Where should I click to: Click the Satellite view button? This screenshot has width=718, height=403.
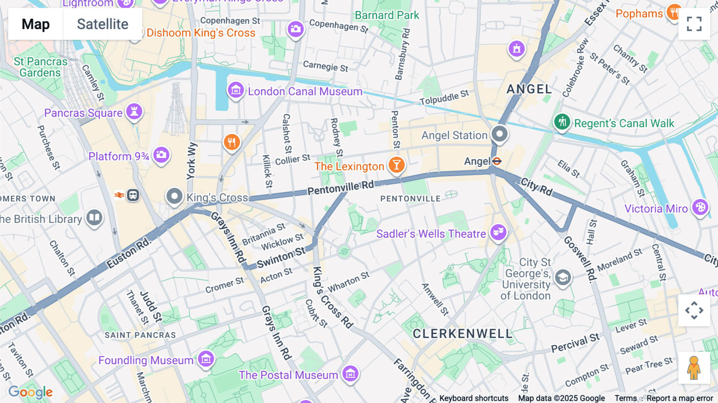[x=103, y=24]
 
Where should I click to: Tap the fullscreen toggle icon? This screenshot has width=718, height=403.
[x=694, y=24]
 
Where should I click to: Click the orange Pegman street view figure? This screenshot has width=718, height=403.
[x=694, y=367]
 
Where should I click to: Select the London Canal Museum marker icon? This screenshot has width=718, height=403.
[x=235, y=91]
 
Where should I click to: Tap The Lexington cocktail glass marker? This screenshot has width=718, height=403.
[x=396, y=165]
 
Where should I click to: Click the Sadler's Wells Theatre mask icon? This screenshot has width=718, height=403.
[x=498, y=232]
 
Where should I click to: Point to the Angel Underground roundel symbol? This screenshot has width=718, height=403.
[x=497, y=161]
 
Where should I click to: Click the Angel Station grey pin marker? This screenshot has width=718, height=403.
[x=499, y=134]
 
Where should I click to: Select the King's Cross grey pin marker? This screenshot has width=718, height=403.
[x=174, y=196]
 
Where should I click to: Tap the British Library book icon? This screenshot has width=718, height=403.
[x=94, y=217]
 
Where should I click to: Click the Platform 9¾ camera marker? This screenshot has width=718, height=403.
[x=161, y=154]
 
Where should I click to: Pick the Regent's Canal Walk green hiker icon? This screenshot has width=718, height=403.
[x=562, y=122]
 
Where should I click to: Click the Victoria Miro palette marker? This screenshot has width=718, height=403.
[x=700, y=207]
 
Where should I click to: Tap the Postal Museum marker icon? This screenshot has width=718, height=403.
[x=350, y=374]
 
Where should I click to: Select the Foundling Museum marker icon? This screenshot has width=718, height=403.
[x=206, y=359]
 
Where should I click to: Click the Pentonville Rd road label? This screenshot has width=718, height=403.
[x=341, y=187]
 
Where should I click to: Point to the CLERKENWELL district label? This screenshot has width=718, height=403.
[x=462, y=334]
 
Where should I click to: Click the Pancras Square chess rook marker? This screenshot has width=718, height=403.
[x=134, y=112]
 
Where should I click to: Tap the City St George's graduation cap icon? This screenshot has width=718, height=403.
[x=563, y=277]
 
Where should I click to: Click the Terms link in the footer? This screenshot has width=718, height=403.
[x=625, y=398]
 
